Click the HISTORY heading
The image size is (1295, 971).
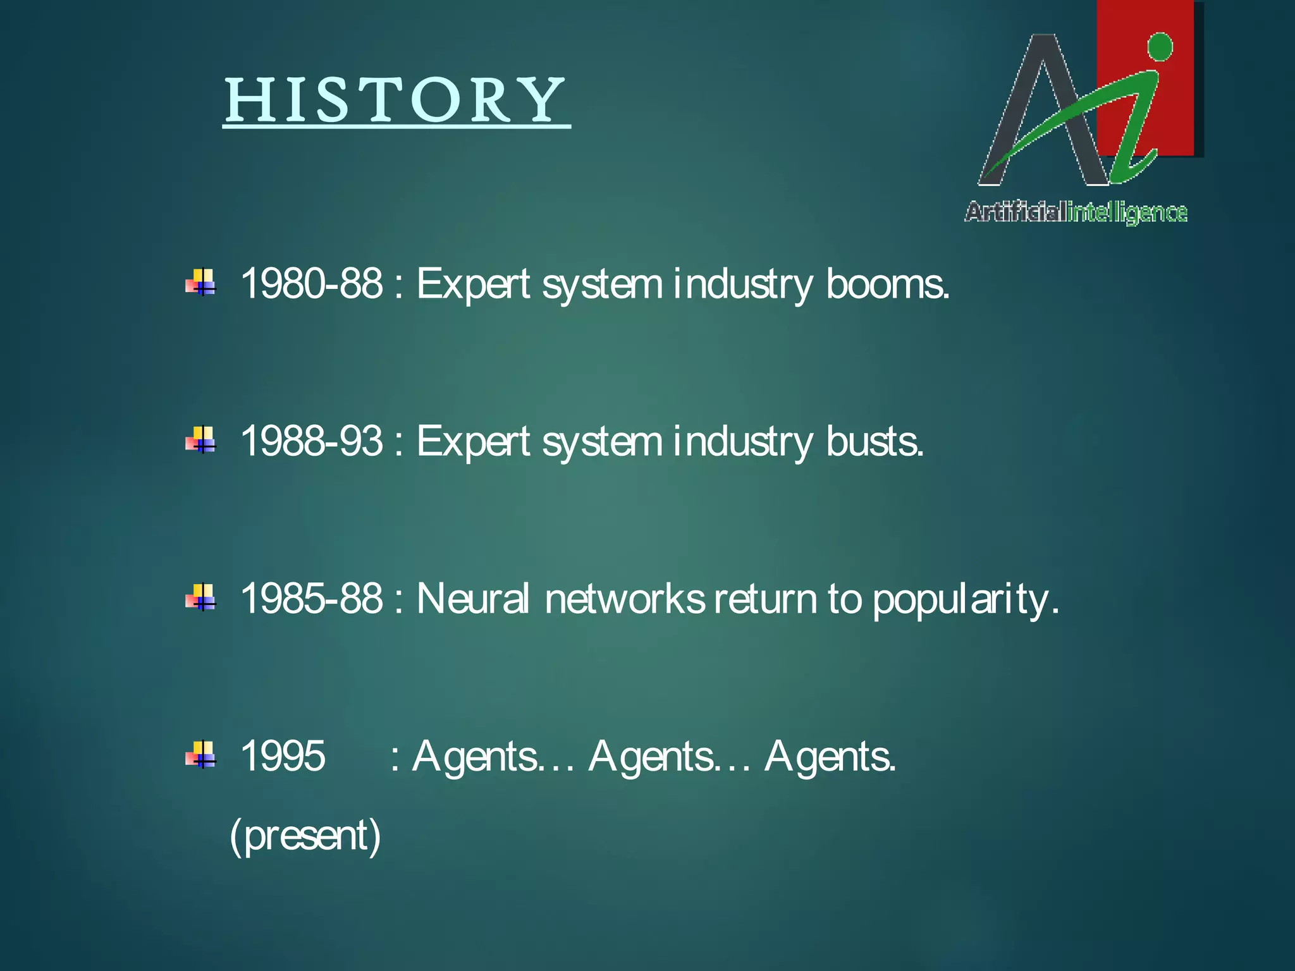pos(396,101)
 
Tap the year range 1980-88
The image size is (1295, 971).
pos(311,283)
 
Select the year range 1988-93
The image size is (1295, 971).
pos(311,441)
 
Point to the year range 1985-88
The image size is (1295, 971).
pos(311,598)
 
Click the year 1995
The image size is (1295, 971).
pos(283,755)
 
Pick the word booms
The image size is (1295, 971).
pos(887,283)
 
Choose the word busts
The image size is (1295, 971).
pos(875,441)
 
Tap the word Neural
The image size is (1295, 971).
pos(472,598)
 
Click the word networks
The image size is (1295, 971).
pos(624,598)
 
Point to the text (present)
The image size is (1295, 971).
pos(305,835)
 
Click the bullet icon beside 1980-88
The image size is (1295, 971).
pos(201,283)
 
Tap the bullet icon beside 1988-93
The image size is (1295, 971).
pos(201,440)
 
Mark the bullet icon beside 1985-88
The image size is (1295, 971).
pos(201,597)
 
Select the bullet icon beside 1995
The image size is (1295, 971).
pos(201,755)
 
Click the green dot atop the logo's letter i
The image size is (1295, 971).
pos(1160,47)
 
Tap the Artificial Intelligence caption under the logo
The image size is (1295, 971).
pos(1076,212)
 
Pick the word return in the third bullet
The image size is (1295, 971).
pos(766,598)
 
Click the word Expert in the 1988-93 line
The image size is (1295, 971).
pos(473,441)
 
